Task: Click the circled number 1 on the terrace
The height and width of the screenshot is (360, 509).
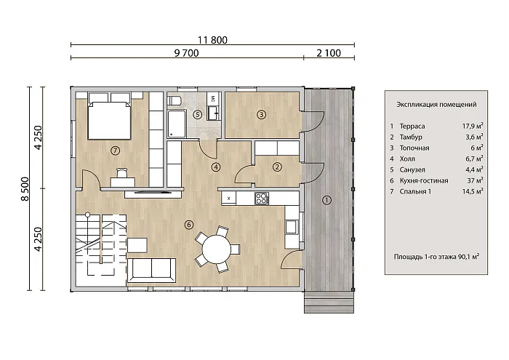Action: point(326,200)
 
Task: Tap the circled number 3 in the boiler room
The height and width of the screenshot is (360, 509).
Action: point(261,114)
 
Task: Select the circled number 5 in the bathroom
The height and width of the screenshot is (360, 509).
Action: point(197,114)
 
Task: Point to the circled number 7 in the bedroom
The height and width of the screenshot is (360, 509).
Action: point(115,151)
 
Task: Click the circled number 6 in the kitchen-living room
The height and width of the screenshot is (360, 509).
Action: point(188,225)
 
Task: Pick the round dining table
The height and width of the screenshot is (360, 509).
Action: point(217,249)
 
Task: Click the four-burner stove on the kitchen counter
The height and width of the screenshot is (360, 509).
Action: point(261,198)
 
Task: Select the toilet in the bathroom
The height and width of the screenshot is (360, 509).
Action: point(174,100)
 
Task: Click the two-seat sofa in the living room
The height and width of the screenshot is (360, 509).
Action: point(151,270)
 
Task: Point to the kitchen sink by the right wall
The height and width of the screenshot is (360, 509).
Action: point(291,227)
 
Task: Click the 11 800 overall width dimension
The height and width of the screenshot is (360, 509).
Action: point(212,40)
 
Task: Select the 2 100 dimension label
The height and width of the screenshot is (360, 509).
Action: point(329,53)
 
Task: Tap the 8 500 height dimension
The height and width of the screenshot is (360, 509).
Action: point(25,189)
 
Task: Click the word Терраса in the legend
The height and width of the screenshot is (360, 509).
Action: point(412,127)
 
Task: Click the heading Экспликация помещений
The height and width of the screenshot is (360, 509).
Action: point(436,105)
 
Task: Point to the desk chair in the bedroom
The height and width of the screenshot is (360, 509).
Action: point(121,172)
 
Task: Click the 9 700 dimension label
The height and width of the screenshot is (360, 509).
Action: point(186,53)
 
